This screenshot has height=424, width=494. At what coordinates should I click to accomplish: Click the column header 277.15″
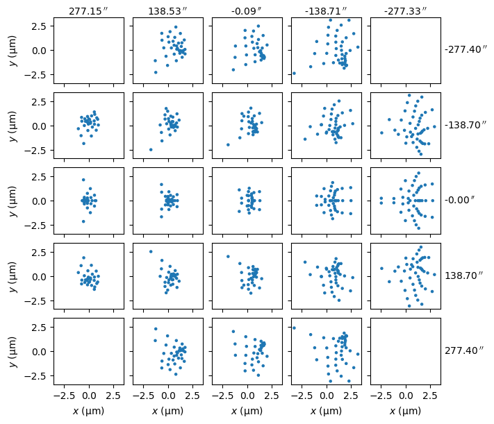coord(89,10)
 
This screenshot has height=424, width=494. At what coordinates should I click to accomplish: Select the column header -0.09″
coord(247,10)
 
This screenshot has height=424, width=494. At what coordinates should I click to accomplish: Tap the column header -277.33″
coord(405,10)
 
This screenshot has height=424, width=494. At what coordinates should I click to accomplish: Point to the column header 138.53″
coord(167,10)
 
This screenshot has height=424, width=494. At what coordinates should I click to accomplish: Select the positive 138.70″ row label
coord(462,275)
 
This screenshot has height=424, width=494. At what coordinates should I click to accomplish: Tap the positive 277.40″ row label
coord(462,350)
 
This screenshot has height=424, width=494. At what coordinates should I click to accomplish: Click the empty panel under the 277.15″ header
coord(89,50)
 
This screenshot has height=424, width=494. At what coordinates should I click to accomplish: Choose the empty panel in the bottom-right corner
coord(405,350)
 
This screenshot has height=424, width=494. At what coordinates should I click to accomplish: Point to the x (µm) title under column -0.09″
coord(247,411)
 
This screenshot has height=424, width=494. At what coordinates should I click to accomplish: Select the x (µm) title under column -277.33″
coord(405,411)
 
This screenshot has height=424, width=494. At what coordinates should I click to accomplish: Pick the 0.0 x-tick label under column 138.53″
coord(167,396)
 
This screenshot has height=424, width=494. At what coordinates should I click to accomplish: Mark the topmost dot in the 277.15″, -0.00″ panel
coord(83,180)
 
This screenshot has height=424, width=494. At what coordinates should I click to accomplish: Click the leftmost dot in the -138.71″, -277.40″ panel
coord(294,73)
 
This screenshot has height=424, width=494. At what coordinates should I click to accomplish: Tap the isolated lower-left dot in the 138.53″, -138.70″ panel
coord(151,149)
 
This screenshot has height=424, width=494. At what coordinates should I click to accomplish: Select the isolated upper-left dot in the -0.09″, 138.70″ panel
coord(228,257)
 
